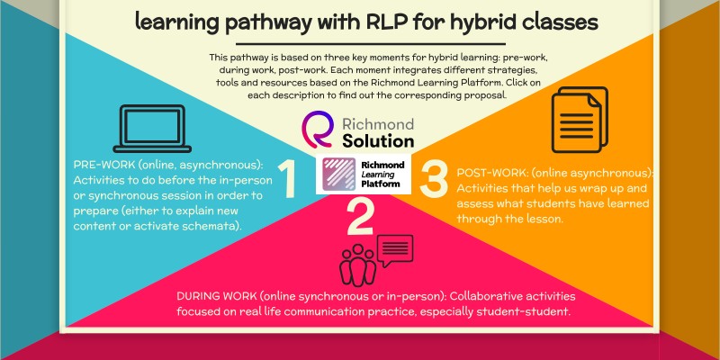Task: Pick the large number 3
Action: [434, 177]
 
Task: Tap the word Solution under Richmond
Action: [378, 141]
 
